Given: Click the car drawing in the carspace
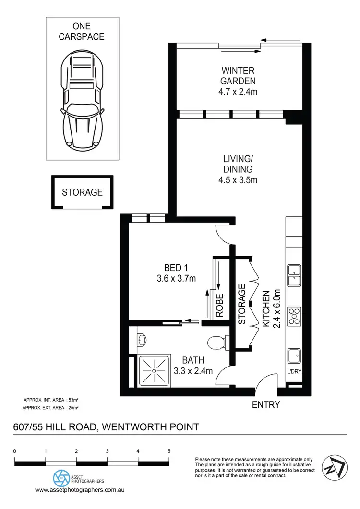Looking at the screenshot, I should click(x=82, y=101).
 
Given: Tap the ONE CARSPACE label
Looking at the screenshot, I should click(x=82, y=31).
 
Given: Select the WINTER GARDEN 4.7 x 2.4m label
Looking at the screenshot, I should click(x=238, y=81).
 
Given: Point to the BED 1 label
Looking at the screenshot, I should click(x=173, y=272).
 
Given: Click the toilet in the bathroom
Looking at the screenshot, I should click(x=217, y=343).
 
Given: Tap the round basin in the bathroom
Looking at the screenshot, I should click(x=142, y=340).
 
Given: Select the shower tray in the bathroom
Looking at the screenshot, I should click(x=155, y=370).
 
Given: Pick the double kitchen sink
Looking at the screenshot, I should click(x=293, y=275).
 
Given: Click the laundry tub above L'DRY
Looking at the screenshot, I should click(x=293, y=357).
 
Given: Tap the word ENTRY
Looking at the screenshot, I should click(x=265, y=405).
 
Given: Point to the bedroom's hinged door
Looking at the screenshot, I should click(x=225, y=235).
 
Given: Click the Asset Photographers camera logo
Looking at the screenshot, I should click(x=60, y=478).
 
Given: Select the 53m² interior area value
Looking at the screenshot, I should click(x=73, y=400).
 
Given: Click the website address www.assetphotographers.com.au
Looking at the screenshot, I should click(x=80, y=490).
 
